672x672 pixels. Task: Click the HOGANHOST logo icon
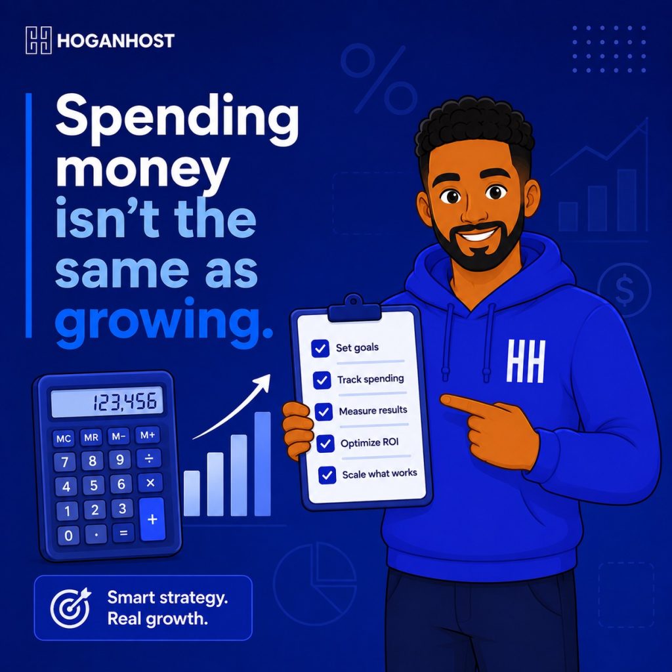39,40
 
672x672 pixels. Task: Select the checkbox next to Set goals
320,348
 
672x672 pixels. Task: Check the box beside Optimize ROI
325,444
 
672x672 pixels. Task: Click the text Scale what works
380,474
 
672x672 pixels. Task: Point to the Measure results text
373,411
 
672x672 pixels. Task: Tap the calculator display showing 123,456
107,402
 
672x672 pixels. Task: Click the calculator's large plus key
152,520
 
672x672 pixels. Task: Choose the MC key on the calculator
64,438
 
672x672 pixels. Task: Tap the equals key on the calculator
123,533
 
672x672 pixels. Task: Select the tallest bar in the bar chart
262,464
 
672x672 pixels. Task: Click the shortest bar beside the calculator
192,493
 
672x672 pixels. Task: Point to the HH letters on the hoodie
526,361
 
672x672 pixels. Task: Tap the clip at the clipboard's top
354,308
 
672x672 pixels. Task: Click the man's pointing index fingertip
444,400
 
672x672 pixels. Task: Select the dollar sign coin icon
624,290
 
